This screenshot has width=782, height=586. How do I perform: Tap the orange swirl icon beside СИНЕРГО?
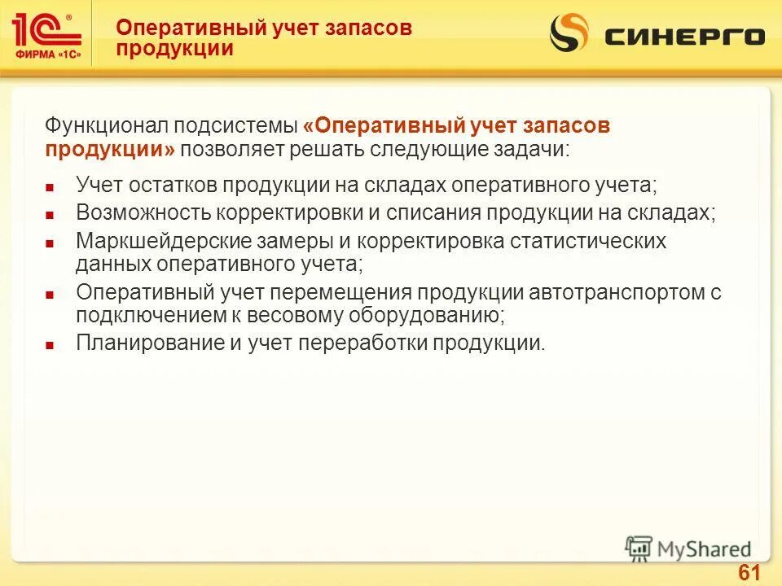(569, 35)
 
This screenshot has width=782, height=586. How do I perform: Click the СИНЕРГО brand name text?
(685, 37)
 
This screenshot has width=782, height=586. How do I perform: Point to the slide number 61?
(749, 572)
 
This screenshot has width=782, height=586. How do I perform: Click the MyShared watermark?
(689, 549)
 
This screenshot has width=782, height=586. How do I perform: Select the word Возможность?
(143, 212)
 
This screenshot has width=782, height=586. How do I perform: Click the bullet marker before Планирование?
(50, 345)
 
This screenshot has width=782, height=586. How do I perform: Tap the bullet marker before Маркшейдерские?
(50, 243)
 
